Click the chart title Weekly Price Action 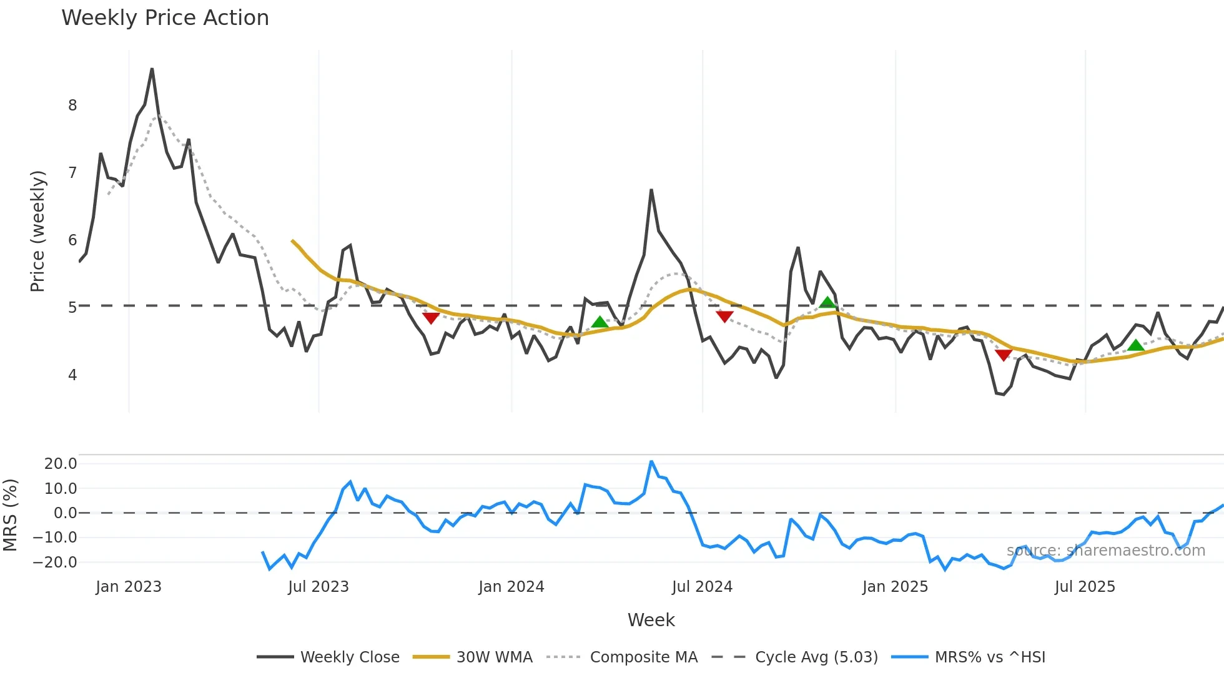[x=165, y=18]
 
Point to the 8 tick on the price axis [x=72, y=106]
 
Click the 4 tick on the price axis [x=72, y=375]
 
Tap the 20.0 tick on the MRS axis [x=61, y=464]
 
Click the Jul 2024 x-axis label [x=702, y=587]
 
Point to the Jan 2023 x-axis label [x=129, y=587]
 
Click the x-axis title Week [x=651, y=620]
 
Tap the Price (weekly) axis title [x=37, y=231]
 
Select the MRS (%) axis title [x=10, y=515]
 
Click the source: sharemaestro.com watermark [x=1105, y=551]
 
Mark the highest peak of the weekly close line [x=152, y=69]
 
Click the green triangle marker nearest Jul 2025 [x=1135, y=345]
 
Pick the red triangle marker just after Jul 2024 [x=724, y=317]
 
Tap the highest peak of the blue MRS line [x=651, y=461]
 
